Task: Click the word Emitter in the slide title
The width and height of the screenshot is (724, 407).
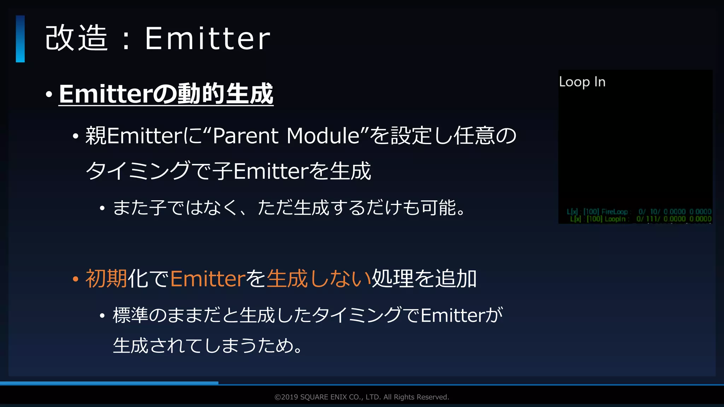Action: [x=208, y=39]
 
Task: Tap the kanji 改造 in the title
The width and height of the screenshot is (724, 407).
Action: [x=76, y=39]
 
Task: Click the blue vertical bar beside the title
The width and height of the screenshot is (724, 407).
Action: [x=20, y=39]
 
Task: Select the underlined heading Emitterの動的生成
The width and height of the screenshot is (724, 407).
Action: [x=166, y=94]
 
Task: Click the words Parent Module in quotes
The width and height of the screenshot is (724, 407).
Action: [x=286, y=136]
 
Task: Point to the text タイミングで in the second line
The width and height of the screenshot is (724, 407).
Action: [x=148, y=171]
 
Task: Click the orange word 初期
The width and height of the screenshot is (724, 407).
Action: [x=106, y=279]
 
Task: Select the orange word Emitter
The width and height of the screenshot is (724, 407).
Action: [x=208, y=279]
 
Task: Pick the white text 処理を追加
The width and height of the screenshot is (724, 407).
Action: [x=424, y=279]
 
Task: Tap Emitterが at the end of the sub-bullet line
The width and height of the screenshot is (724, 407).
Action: [x=461, y=315]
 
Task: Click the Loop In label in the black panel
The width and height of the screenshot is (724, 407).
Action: [x=582, y=82]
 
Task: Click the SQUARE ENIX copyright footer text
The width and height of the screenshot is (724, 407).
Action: [x=362, y=397]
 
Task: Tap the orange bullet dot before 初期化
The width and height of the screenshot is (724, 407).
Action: [x=75, y=279]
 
